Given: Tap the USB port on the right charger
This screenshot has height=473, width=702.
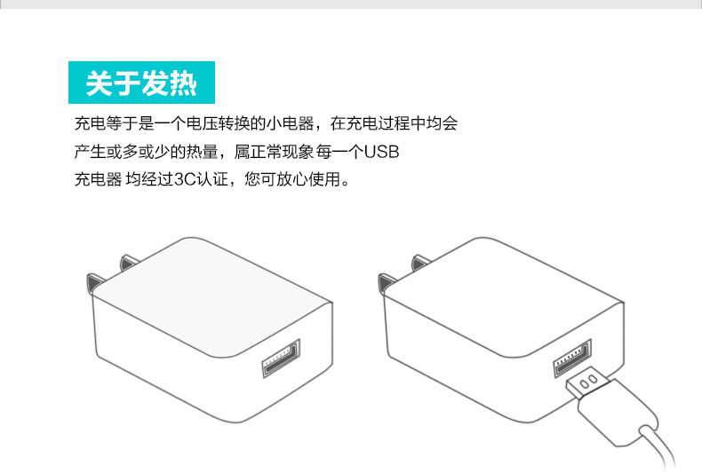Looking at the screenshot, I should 572,360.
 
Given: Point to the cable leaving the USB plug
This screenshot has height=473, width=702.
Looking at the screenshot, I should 658,444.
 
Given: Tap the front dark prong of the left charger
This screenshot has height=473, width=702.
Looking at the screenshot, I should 92,283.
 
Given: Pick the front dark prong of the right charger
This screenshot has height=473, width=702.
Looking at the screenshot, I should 385,283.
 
